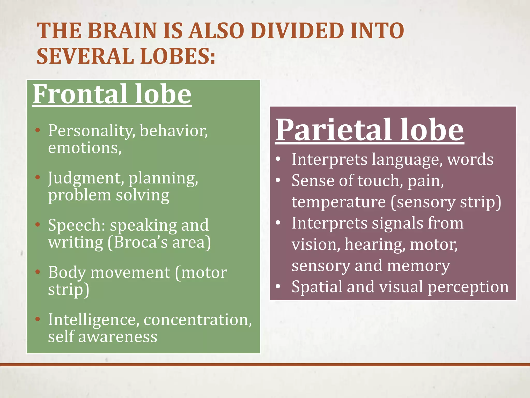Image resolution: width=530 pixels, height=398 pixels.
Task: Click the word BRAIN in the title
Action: click(x=122, y=31)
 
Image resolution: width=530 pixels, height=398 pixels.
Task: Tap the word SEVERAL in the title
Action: click(x=85, y=56)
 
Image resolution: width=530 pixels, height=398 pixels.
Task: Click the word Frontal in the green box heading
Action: click(x=80, y=94)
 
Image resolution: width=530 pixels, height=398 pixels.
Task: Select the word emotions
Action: click(x=85, y=148)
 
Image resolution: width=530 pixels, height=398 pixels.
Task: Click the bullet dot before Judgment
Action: click(x=38, y=177)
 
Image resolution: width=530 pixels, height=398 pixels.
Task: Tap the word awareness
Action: click(x=118, y=337)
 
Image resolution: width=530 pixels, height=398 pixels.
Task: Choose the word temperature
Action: click(x=338, y=202)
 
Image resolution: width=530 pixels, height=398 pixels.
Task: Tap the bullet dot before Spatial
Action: click(x=278, y=286)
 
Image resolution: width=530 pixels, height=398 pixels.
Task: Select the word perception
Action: click(x=468, y=287)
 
